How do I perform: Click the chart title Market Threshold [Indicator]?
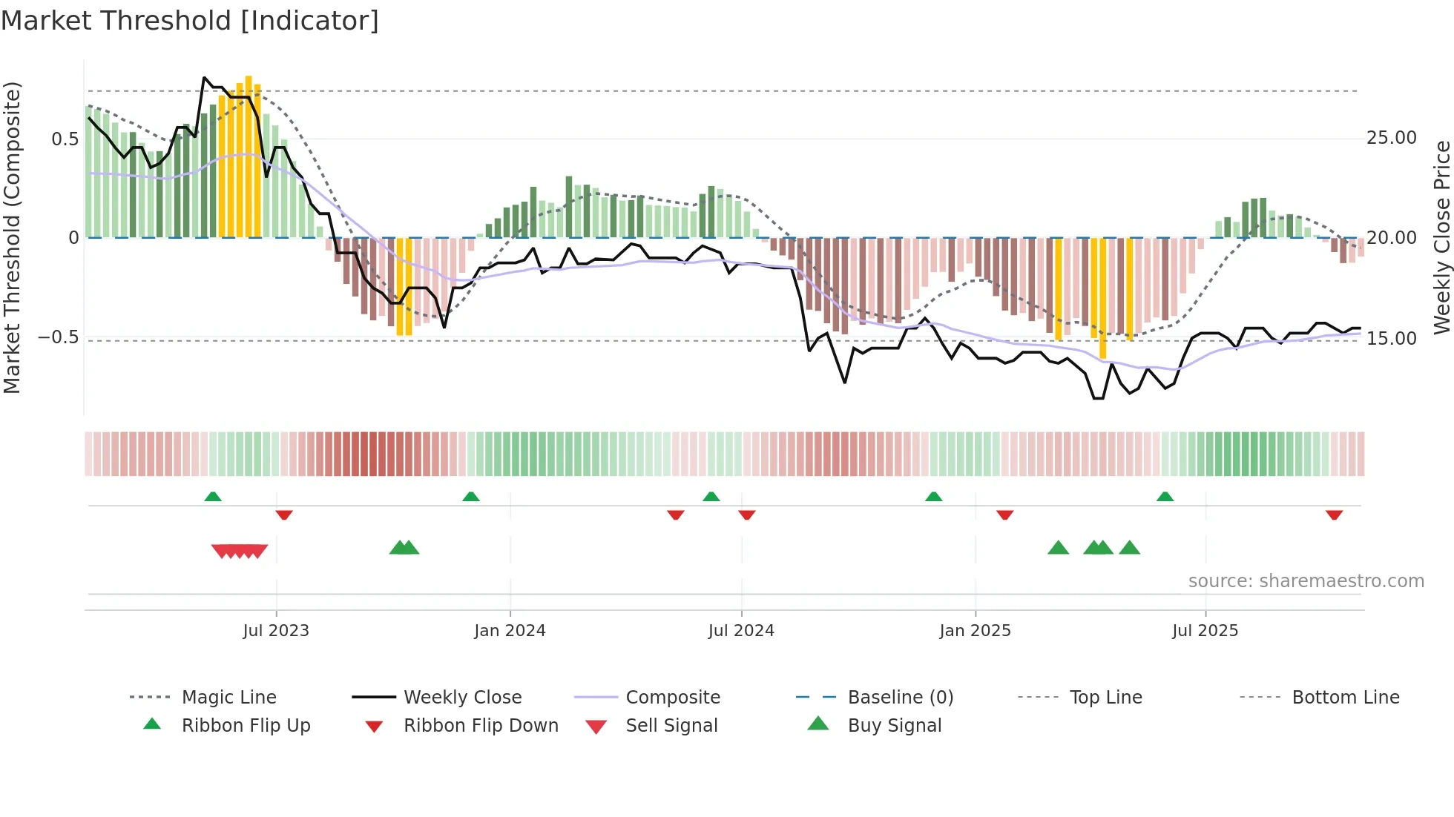190,20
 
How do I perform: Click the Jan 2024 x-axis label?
510,630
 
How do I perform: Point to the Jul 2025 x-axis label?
1205,630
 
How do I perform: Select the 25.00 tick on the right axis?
1391,138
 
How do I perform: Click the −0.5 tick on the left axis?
59,337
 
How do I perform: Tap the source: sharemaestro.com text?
1306,580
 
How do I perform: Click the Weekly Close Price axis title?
1441,237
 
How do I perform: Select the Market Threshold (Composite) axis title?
12,237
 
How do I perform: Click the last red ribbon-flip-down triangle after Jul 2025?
1334,515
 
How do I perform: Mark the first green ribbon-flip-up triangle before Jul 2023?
213,496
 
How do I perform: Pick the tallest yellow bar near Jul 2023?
249,156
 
